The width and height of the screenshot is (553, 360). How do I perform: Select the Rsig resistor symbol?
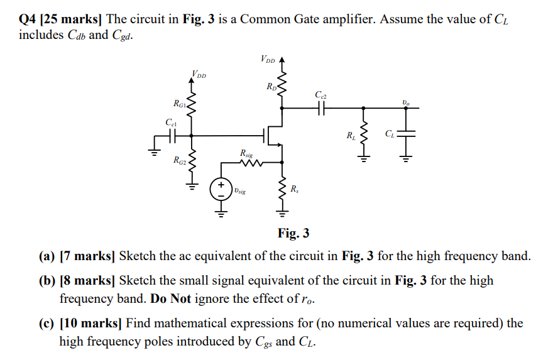click(250, 164)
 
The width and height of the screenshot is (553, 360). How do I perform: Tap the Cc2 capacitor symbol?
click(322, 108)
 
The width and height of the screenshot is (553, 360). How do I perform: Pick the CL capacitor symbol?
click(406, 133)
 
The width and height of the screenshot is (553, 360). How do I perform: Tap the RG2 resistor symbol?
click(191, 163)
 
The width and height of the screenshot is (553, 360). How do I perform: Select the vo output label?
click(406, 102)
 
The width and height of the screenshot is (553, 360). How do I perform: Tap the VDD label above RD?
click(268, 60)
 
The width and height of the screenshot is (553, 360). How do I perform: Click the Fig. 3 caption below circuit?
click(293, 234)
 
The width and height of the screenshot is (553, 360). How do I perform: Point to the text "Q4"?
click(27, 19)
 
